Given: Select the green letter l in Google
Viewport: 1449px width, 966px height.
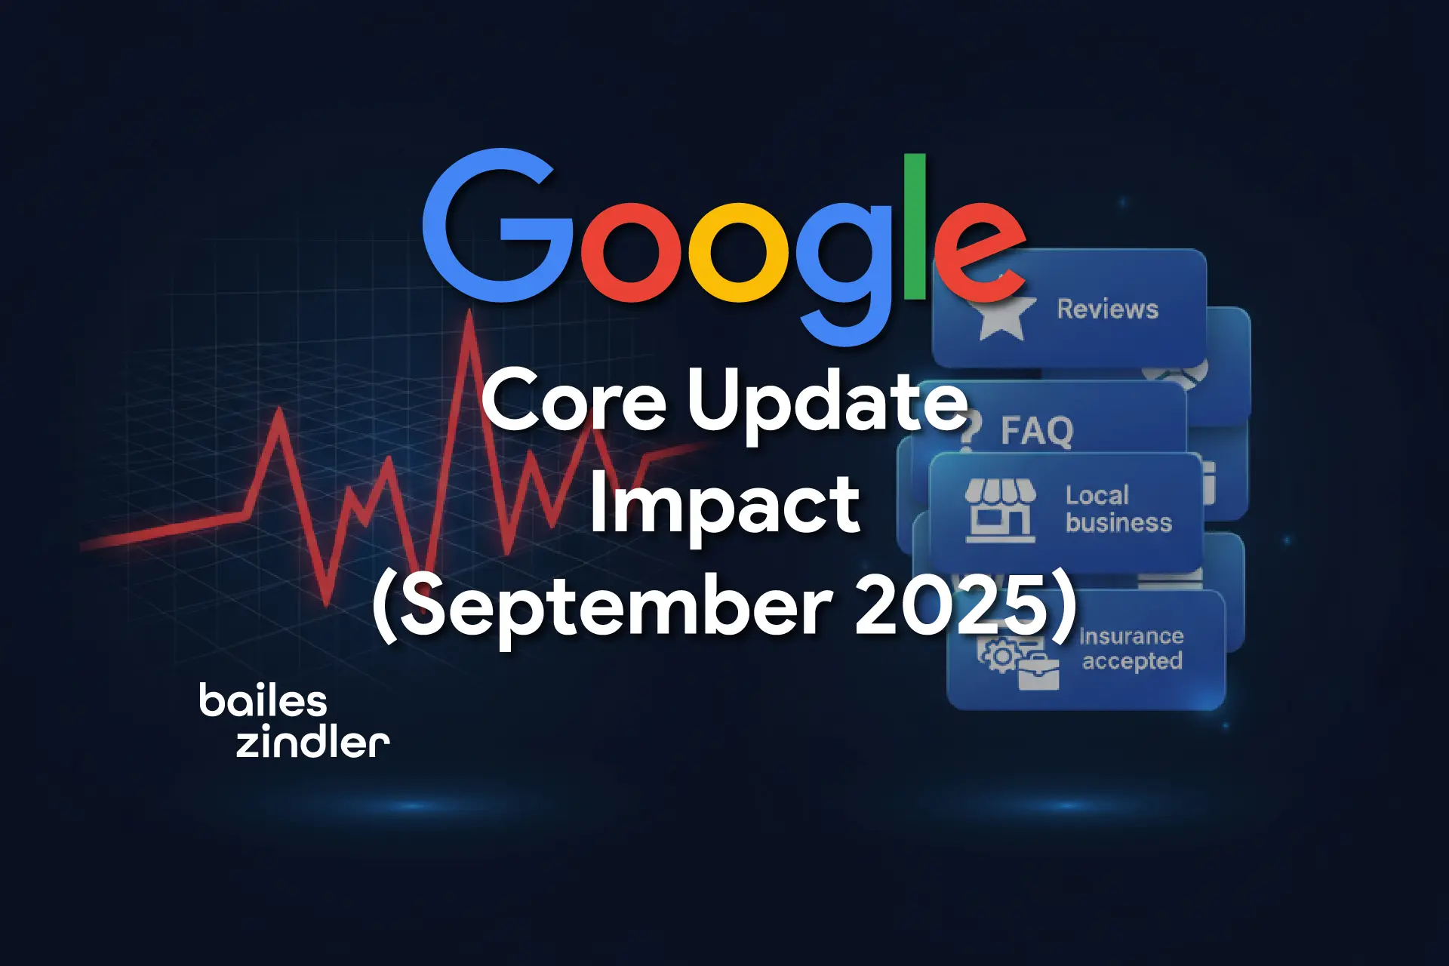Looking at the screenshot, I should (915, 226).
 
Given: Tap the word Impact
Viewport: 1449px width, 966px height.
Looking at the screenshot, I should (724, 506).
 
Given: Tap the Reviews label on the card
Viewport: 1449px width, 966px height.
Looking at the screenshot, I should (1107, 309).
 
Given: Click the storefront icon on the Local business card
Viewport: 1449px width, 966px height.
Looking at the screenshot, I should (1000, 511).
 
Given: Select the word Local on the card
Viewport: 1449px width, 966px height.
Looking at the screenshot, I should (1097, 496).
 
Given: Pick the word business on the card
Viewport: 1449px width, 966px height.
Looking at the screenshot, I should (1118, 523).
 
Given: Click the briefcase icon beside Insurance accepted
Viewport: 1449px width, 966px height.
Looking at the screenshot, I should (1038, 672).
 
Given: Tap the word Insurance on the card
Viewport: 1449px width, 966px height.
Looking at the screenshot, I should (1131, 636).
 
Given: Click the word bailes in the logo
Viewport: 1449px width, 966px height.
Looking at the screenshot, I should (263, 701).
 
